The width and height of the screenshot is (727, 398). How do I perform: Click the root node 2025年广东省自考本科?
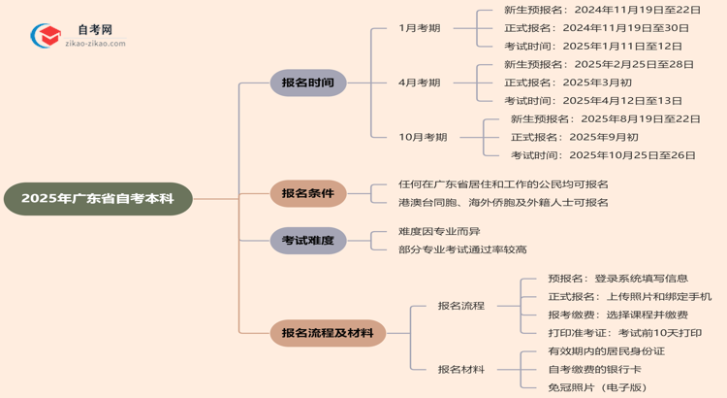pyautogui.click(x=98, y=199)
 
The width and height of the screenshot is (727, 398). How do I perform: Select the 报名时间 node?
pyautogui.click(x=307, y=83)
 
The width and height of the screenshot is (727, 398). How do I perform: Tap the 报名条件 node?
pyautogui.click(x=307, y=193)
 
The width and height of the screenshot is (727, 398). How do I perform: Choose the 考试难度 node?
pyautogui.click(x=307, y=240)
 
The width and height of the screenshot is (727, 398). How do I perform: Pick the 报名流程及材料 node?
pyautogui.click(x=328, y=333)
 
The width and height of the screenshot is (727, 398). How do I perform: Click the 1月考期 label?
pyautogui.click(x=420, y=28)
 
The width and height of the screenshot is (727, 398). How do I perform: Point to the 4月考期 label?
pyautogui.click(x=420, y=83)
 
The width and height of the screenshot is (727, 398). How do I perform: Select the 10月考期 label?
pyautogui.click(x=424, y=137)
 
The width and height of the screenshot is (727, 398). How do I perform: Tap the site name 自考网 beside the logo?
pyautogui.click(x=94, y=30)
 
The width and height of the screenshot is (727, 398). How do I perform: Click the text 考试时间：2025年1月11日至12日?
pyautogui.click(x=592, y=46)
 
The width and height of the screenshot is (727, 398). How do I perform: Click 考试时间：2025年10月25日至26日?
pyautogui.click(x=603, y=155)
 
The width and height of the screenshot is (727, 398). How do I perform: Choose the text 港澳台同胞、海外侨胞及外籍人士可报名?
pyautogui.click(x=503, y=203)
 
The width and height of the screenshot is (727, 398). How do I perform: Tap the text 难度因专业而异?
pyautogui.click(x=439, y=231)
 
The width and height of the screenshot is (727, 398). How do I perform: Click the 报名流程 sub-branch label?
pyautogui.click(x=460, y=306)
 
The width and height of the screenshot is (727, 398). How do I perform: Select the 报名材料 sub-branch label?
pyautogui.click(x=460, y=369)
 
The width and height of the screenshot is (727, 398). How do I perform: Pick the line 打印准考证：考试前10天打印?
pyautogui.click(x=624, y=333)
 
